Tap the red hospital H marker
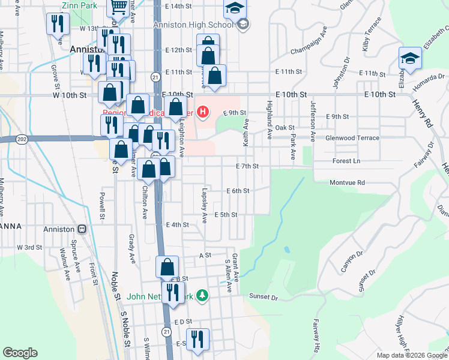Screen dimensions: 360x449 click(x=203, y=112)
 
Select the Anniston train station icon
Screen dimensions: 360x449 click(x=82, y=229)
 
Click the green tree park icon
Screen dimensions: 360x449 click(x=203, y=295)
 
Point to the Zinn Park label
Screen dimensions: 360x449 click(x=79, y=5)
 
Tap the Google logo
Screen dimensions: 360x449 click(x=20, y=353)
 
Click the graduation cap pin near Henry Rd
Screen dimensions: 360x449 click(x=410, y=58)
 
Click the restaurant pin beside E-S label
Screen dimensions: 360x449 click(x=197, y=339)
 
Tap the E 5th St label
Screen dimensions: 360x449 click(x=226, y=214)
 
